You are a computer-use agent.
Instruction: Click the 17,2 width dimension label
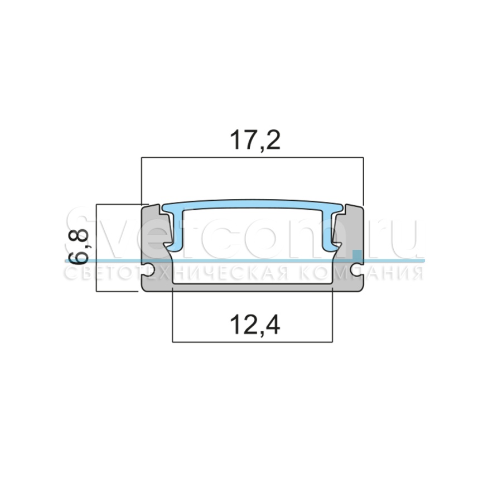[x=255, y=141]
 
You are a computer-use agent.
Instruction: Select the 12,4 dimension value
[x=255, y=325]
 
